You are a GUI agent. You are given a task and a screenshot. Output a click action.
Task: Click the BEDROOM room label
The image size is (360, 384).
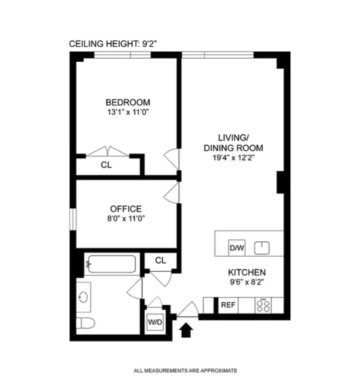[x=128, y=102]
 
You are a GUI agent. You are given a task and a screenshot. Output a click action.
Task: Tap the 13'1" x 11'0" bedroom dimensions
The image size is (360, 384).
[x=128, y=113]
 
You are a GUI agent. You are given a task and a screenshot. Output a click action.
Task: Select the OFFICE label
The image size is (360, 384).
[x=126, y=209]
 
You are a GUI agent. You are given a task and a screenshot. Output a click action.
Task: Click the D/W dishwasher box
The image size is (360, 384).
[x=237, y=247]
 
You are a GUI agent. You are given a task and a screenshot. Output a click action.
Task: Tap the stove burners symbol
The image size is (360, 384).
[x=263, y=305]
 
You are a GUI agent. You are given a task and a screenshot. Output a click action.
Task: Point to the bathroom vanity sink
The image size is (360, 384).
[x=83, y=294]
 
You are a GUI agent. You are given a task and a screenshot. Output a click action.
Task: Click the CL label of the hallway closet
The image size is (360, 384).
[x=160, y=260]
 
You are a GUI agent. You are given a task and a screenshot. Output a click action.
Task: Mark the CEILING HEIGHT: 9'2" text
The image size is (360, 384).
[x=117, y=44]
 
